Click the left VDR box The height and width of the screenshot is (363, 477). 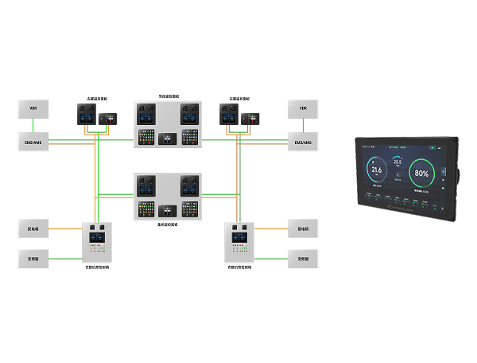33,107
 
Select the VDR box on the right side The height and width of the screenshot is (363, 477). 303,107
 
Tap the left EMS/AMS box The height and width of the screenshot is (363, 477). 33,143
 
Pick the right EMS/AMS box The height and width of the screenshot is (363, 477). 303,143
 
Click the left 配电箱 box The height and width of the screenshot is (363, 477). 33,229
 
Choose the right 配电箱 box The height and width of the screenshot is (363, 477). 303,229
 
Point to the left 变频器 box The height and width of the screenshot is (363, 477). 33,259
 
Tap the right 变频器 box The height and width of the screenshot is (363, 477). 303,259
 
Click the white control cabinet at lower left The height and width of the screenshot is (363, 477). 99,243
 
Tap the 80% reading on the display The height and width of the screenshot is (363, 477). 421,174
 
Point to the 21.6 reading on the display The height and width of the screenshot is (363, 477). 376,170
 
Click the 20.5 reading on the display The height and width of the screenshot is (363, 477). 397,162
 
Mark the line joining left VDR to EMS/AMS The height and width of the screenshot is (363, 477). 33,126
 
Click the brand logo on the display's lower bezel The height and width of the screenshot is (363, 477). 405,208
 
